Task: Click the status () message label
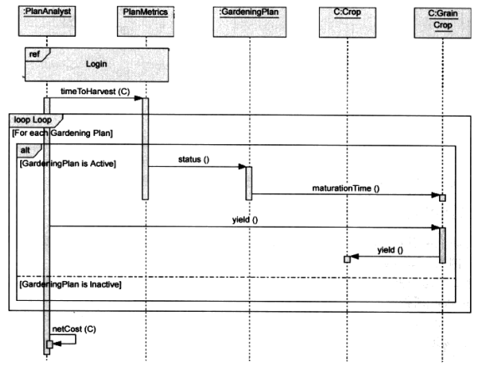pos(195,158)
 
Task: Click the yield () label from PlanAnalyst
pos(244,219)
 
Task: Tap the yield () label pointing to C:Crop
pos(390,249)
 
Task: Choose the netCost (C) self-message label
pos(73,329)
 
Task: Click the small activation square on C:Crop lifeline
pos(346,260)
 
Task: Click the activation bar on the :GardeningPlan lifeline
pos(249,183)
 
